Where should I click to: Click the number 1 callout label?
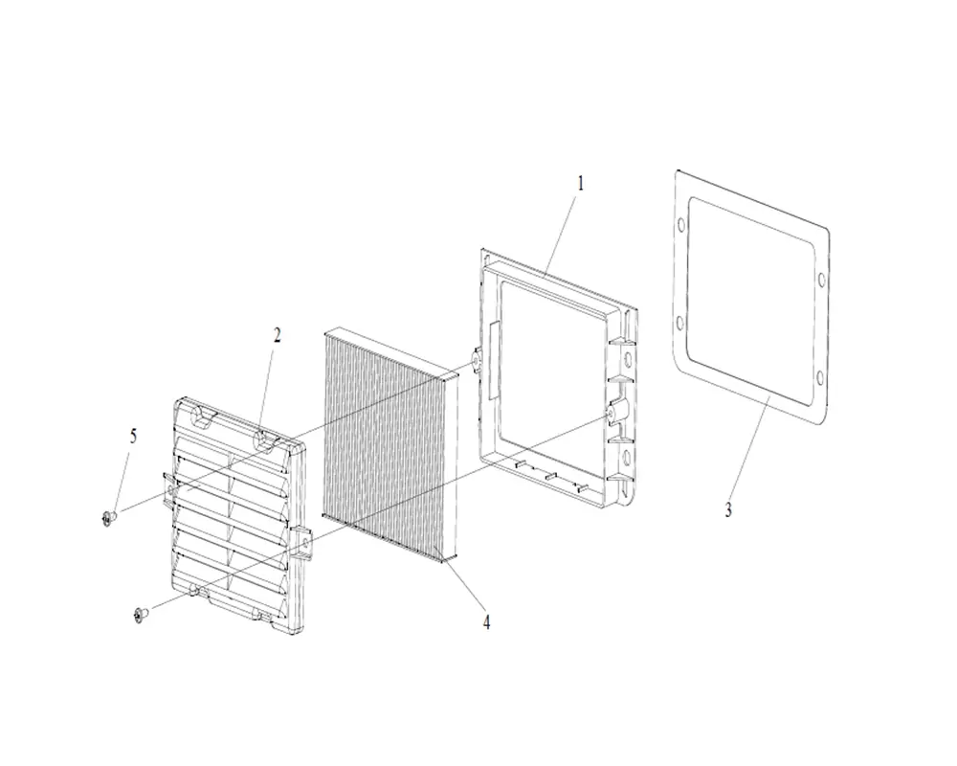581,183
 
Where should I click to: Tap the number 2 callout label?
278,335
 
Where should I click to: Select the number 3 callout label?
728,510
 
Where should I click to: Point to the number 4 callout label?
486,622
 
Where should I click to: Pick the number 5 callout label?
133,437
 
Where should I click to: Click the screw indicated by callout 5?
109,519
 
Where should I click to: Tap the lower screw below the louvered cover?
141,615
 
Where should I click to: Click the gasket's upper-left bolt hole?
680,228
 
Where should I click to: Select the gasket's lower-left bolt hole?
679,322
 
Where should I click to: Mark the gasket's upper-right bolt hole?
821,280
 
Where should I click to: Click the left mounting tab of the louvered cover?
169,488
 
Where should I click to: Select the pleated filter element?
390,444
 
